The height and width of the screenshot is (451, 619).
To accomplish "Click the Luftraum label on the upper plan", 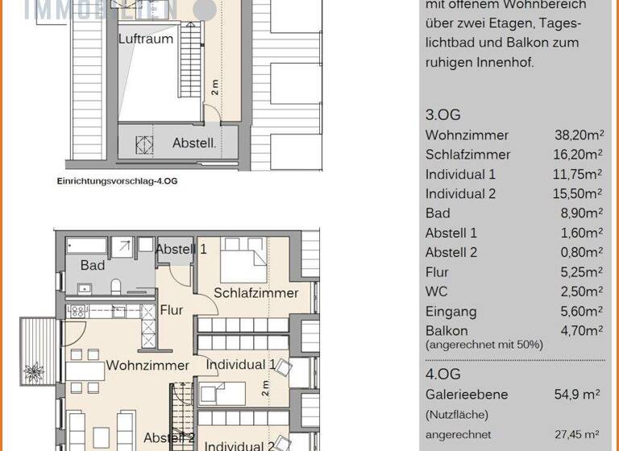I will click(145, 39).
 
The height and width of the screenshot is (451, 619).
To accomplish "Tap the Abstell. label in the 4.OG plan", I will click(194, 143).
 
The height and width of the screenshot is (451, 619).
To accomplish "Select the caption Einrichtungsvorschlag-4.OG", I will click(117, 181).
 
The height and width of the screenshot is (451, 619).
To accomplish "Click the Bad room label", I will click(93, 265).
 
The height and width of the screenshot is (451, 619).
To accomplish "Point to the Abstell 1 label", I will click(181, 249).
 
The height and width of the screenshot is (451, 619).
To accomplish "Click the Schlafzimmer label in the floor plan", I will click(255, 293).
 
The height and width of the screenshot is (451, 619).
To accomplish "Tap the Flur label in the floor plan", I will click(172, 310).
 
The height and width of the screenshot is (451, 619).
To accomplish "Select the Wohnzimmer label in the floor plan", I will click(147, 366).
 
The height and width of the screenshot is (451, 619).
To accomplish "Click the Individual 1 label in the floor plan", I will click(241, 365).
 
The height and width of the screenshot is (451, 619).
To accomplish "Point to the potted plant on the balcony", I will click(35, 373).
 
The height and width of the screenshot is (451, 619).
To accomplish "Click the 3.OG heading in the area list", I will click(442, 115).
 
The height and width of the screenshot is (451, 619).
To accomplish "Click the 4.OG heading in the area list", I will click(442, 374).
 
